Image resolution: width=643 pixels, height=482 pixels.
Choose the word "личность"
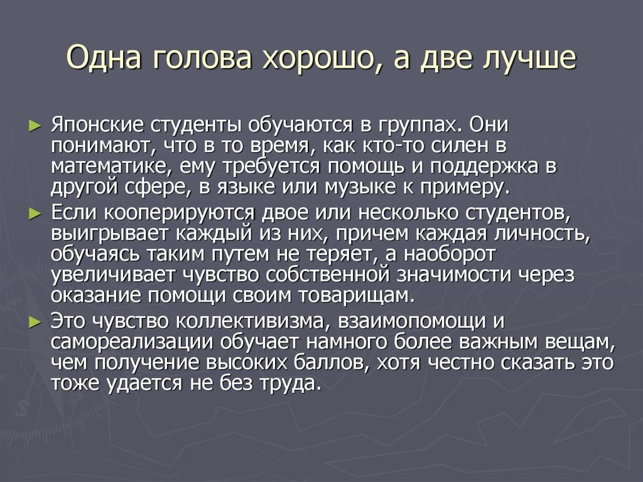point(544,234)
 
